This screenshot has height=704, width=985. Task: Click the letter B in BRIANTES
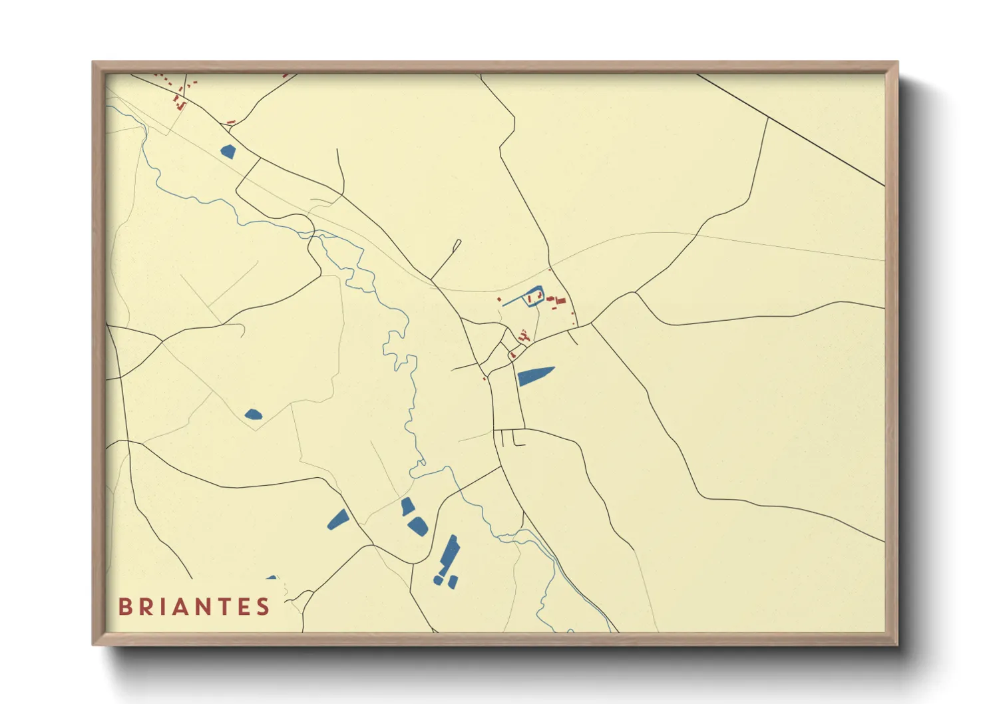[124, 607]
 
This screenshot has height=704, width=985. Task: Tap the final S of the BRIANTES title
[264, 607]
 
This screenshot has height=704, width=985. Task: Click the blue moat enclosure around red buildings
[535, 296]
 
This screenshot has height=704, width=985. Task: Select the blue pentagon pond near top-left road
[228, 152]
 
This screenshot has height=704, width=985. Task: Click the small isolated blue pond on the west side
[253, 415]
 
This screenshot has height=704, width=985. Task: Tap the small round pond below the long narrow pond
[438, 580]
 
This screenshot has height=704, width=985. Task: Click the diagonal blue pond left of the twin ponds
[338, 519]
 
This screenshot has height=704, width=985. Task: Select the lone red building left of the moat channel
[499, 300]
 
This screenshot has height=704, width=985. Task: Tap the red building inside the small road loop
[512, 356]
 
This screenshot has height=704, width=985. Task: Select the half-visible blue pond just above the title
[271, 578]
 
